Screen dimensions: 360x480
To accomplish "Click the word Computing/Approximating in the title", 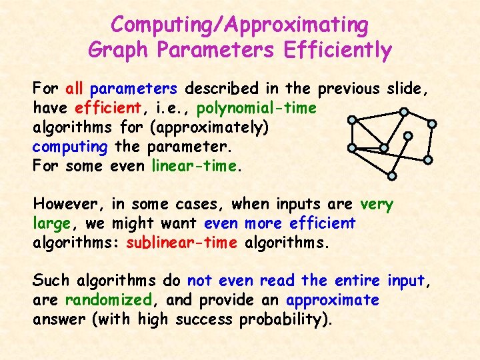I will (x=239, y=25).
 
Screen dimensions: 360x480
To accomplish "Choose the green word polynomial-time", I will (x=257, y=108).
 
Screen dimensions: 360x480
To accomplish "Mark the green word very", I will (x=376, y=204).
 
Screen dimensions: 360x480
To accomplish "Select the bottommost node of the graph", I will (x=393, y=176).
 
